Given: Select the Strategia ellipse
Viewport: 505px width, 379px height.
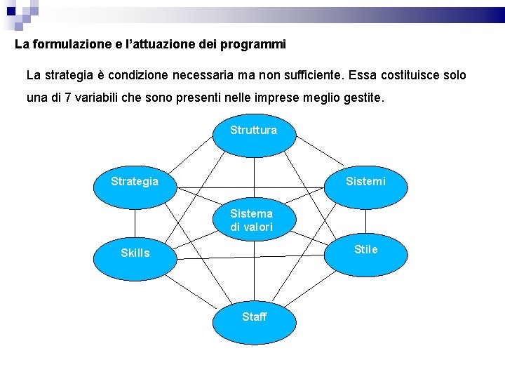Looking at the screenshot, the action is (x=135, y=184).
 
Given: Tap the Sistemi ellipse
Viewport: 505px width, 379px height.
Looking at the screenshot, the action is (x=365, y=184).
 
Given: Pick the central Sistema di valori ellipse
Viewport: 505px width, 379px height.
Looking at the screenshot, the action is (x=252, y=220).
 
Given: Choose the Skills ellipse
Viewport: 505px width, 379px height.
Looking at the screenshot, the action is (x=135, y=253).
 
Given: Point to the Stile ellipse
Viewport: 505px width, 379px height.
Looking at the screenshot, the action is (x=365, y=251).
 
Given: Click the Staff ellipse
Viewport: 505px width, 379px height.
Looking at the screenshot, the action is (x=254, y=317).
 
